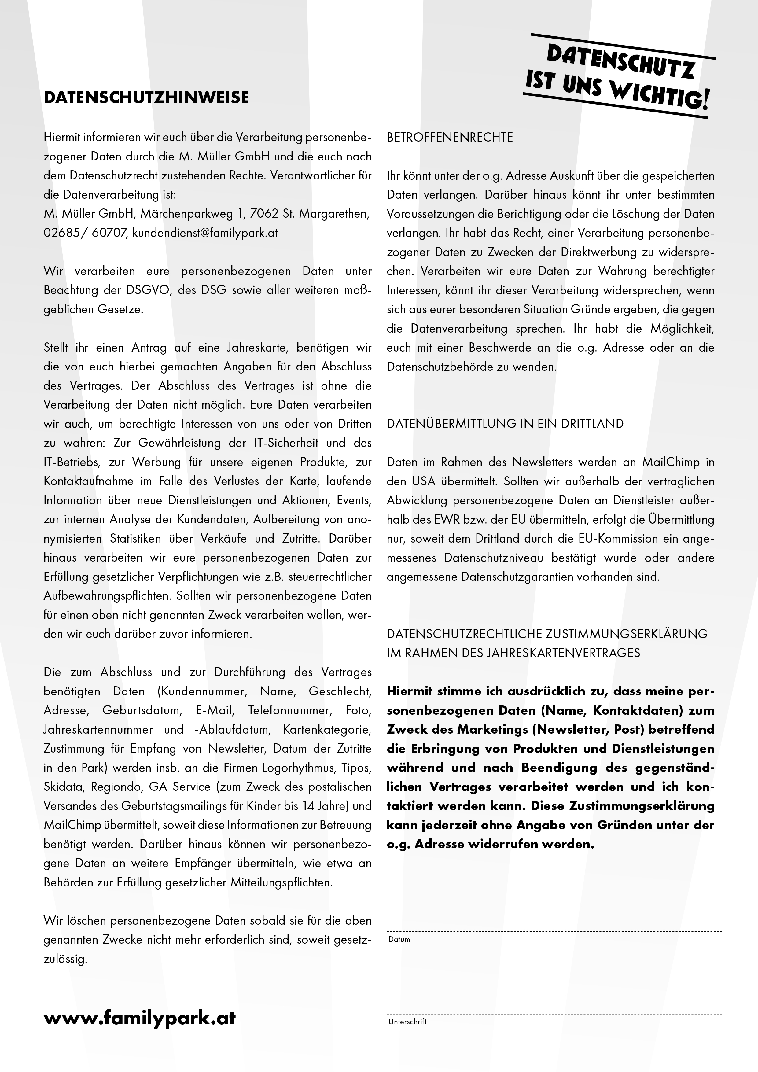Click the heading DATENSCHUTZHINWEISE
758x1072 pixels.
(146, 98)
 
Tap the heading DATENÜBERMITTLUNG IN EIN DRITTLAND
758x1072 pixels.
(505, 424)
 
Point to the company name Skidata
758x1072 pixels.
(63, 787)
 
